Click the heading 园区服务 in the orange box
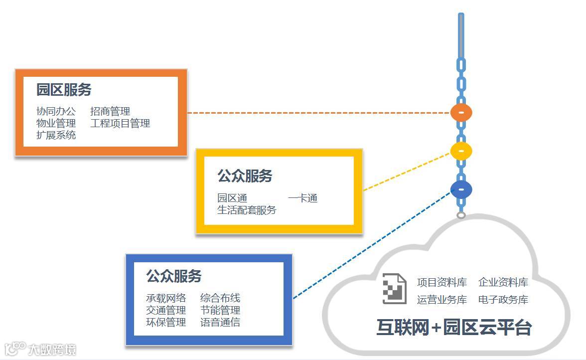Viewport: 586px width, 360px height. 64,90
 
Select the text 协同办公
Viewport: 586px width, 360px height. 56,111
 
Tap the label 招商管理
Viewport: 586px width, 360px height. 110,111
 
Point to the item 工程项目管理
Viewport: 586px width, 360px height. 120,123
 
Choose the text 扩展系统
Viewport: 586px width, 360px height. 56,135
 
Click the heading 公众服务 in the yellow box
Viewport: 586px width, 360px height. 245,176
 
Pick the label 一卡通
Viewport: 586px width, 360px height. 302,198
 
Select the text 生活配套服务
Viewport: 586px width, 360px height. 247,210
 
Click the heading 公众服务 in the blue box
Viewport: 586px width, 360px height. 174,276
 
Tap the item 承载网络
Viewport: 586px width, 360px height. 166,298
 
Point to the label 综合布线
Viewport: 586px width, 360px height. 220,298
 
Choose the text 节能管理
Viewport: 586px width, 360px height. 220,310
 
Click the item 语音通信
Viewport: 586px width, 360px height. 220,322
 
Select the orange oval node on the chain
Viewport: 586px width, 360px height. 461,113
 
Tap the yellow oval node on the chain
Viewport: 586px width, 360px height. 461,151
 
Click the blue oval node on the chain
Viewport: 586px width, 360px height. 461,189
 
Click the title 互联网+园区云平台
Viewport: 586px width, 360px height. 454,328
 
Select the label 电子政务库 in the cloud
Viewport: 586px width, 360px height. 503,300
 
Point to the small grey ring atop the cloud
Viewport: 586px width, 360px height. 461,215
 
